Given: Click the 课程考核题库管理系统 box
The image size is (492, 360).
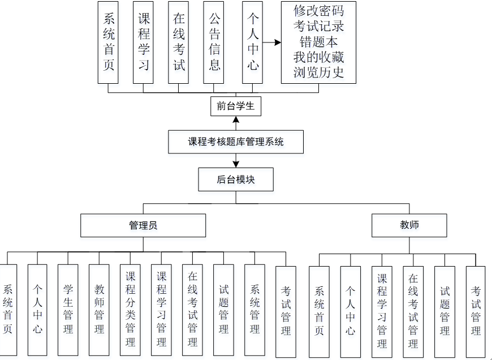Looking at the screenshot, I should point(236,142).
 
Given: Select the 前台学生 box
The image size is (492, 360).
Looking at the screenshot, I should point(236,106).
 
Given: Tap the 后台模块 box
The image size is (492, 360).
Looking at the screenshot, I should point(236,179).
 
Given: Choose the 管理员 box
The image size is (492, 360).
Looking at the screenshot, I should point(143,225).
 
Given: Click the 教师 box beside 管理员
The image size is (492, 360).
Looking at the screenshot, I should point(409,225).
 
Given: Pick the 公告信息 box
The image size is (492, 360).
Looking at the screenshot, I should point(214,42).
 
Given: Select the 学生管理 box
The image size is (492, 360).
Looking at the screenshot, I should point(68,310).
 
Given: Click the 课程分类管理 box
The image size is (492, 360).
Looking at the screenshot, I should point(131,310).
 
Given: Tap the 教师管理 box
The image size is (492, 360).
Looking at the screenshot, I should point(100,310).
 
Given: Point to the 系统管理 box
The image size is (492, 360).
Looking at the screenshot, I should point(255,310).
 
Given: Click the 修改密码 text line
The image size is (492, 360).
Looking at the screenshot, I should point(318,11).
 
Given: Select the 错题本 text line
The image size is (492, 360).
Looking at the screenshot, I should point(318,42).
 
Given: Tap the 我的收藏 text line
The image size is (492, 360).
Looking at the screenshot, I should point(318,57).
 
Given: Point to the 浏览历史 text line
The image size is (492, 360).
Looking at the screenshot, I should point(318,72).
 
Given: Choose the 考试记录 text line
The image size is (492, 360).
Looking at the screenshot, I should point(318,26).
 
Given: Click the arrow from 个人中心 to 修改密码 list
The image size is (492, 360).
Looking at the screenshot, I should point(272,42).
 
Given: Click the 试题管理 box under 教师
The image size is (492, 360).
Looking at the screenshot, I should point(444,312).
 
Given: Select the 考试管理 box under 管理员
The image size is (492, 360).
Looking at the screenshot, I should point(286,312).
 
